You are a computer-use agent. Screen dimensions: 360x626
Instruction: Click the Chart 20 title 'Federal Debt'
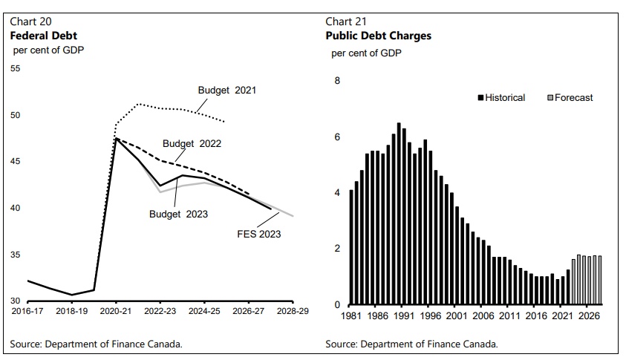[x=43, y=35]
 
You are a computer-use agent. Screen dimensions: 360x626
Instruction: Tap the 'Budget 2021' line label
[x=226, y=91]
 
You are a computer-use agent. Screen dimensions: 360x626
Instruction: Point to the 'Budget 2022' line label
[x=192, y=144]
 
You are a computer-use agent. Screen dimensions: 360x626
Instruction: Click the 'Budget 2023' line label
[x=178, y=214]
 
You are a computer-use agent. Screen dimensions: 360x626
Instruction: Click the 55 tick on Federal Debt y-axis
[x=15, y=69]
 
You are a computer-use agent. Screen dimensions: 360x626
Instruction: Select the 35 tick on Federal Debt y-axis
[x=15, y=255]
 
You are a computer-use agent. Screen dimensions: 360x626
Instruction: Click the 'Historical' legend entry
[x=504, y=97]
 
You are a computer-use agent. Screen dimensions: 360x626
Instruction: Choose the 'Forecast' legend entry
[x=573, y=97]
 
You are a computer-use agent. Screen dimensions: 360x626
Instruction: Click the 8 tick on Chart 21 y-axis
[x=336, y=80]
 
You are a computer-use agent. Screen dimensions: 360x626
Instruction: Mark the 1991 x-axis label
[x=399, y=315]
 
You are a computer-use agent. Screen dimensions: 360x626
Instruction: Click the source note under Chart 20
[x=96, y=344]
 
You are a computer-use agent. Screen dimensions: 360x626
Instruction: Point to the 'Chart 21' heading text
[x=346, y=21]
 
